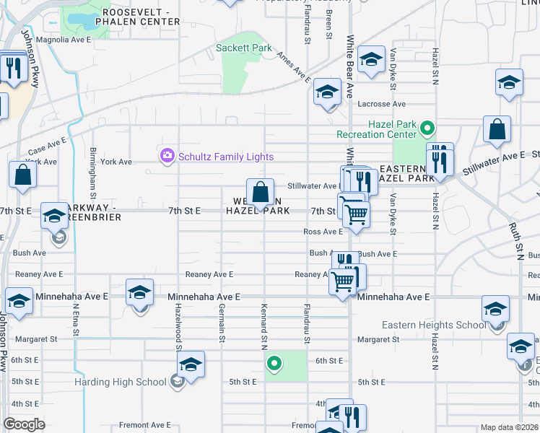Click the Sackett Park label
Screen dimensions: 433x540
click(x=244, y=48)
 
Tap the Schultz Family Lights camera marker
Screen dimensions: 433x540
click(x=167, y=155)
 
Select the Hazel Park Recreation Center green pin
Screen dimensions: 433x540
click(x=427, y=130)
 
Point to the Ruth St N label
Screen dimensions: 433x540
click(x=517, y=241)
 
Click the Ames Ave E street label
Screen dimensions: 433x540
click(x=293, y=70)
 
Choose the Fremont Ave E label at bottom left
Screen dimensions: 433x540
click(x=144, y=425)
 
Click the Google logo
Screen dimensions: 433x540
click(x=24, y=424)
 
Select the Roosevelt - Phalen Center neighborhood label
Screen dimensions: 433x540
click(x=141, y=17)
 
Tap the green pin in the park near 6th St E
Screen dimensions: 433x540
click(x=274, y=363)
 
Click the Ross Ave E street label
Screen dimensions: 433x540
click(x=323, y=232)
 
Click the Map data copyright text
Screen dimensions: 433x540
click(x=509, y=427)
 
